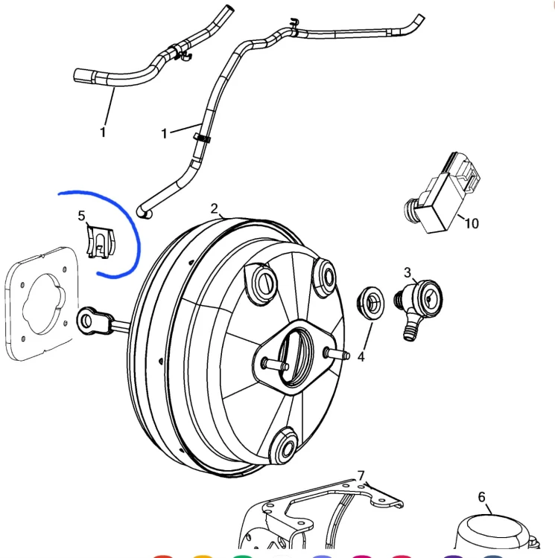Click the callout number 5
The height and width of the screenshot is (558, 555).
tap(82, 216)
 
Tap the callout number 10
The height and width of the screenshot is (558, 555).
tap(472, 223)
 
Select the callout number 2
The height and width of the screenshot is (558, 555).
tap(214, 208)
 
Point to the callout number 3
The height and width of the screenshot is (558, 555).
tap(407, 272)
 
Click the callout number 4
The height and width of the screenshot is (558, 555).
tap(361, 356)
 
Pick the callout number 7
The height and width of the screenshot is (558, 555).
tap(361, 475)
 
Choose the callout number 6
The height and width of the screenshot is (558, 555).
tap(481, 497)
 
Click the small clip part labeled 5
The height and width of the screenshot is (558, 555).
tap(101, 242)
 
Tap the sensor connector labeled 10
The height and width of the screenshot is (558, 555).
tap(443, 193)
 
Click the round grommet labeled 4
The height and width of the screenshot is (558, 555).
tap(370, 303)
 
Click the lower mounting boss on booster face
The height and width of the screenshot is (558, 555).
tap(284, 447)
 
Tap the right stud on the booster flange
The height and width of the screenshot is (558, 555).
tap(337, 354)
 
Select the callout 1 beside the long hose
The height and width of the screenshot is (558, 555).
tap(164, 134)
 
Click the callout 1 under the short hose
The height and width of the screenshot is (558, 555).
tap(103, 132)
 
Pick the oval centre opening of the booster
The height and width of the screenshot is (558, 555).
tap(295, 357)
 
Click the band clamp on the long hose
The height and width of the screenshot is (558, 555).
tap(202, 138)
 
